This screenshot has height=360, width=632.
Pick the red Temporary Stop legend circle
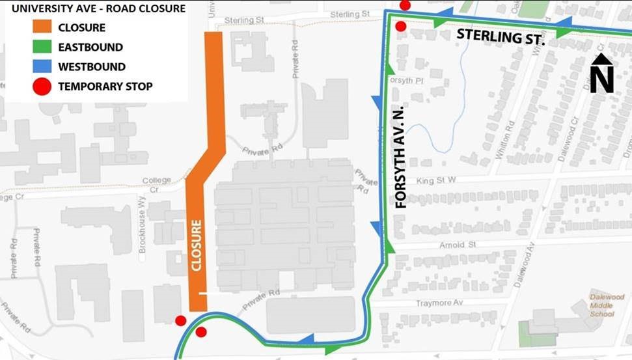42,86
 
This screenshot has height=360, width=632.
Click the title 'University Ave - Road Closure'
98,9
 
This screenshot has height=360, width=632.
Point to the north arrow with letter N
602,74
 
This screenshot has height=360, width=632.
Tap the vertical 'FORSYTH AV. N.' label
401,156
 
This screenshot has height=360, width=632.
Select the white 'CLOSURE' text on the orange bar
197,245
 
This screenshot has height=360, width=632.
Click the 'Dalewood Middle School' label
602,305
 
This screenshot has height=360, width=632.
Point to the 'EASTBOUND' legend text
90,47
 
